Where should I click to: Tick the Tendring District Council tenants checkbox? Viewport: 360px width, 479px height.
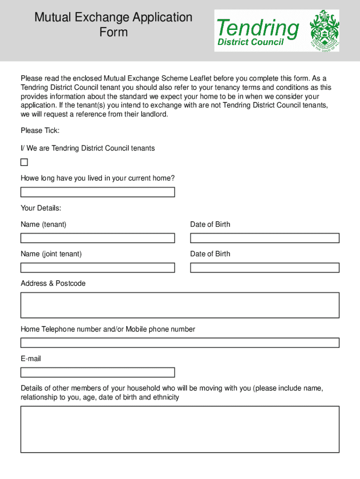coord(24,162)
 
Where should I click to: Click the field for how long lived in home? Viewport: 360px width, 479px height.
coord(97,192)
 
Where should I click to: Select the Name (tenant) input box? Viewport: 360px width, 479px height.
coord(97,238)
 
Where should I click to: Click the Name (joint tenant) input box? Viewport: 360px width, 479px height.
coord(97,268)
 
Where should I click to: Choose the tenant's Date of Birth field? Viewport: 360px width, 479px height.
coord(264,238)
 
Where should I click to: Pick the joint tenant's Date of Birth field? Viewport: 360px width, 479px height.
coord(264,268)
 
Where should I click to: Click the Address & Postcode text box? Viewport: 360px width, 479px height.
coord(180,305)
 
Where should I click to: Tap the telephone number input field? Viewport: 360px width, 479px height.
coord(180,343)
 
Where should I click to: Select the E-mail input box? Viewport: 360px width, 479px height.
coord(97,372)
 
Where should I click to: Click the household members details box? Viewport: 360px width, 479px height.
coord(180,429)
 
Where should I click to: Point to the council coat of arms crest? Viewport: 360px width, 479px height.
coord(324,30)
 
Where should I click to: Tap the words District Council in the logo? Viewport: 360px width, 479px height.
coord(250,43)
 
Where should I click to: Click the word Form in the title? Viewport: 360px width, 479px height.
coord(113,32)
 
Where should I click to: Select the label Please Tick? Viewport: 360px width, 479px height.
coord(40,131)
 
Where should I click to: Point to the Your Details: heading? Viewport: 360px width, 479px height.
coord(41,208)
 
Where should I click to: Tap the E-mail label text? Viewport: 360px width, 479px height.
coord(31,359)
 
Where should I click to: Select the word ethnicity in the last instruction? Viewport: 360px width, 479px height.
coord(164,398)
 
